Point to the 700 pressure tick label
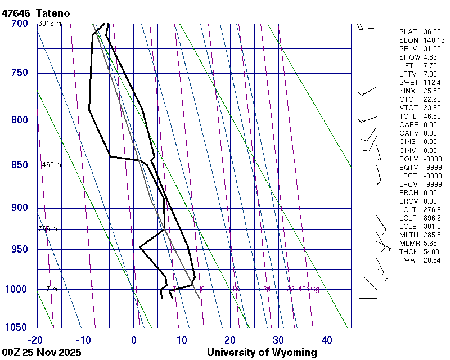click(x=19, y=24)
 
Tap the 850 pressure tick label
click(x=19, y=165)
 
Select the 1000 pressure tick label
click(x=16, y=289)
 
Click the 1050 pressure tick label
click(x=16, y=327)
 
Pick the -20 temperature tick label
click(x=35, y=340)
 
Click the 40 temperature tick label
click(x=327, y=340)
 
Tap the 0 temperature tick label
click(x=134, y=340)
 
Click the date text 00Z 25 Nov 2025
click(x=42, y=353)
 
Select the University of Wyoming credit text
click(x=262, y=353)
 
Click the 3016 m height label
click(x=49, y=24)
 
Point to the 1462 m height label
click(x=49, y=165)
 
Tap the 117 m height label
click(x=47, y=289)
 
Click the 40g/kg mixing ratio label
click(x=309, y=289)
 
